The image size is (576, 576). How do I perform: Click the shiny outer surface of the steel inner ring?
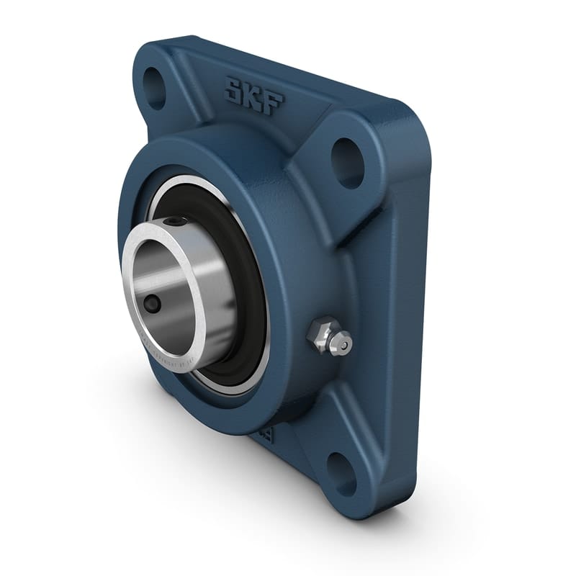coord(216,302)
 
